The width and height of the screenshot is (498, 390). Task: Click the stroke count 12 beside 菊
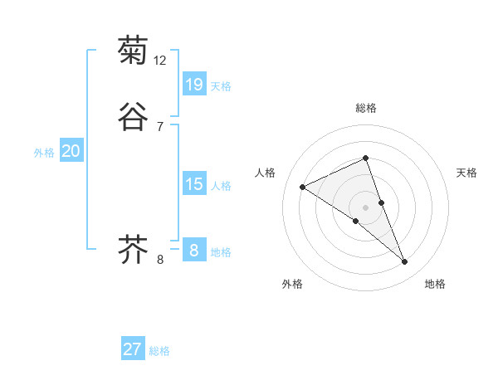[x=160, y=61]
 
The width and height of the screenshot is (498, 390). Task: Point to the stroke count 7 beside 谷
[x=159, y=126]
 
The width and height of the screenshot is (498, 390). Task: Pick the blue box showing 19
[x=193, y=85]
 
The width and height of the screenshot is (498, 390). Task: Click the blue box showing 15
[x=193, y=184]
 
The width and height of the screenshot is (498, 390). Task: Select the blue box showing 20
[x=71, y=151]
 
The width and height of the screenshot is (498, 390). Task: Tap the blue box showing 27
[x=132, y=349]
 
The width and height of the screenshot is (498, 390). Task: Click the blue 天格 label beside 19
[x=221, y=86]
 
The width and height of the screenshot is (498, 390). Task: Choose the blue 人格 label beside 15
[x=221, y=186]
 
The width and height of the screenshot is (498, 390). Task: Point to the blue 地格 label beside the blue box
[x=221, y=252]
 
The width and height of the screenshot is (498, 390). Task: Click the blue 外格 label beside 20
[x=43, y=153]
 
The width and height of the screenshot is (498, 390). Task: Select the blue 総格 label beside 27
[x=159, y=351]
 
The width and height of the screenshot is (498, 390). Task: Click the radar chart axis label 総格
[x=365, y=108]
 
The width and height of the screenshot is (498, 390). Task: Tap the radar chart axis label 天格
[x=466, y=173]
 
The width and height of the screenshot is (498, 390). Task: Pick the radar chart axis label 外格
[x=292, y=284]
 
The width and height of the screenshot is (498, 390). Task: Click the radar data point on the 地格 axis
[x=405, y=262]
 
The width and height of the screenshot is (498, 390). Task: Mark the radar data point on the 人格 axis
[x=302, y=187]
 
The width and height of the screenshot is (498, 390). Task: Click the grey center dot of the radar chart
[x=365, y=207]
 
